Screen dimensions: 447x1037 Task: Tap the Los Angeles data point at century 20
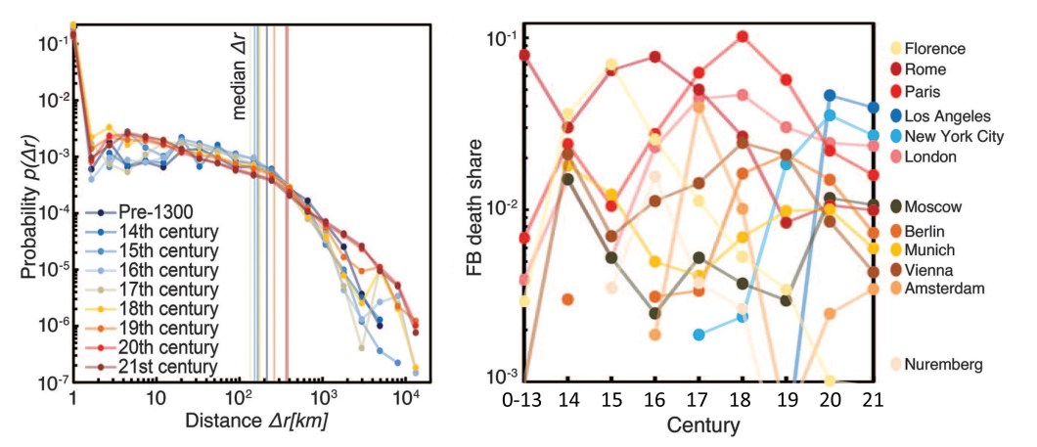coord(830,96)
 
